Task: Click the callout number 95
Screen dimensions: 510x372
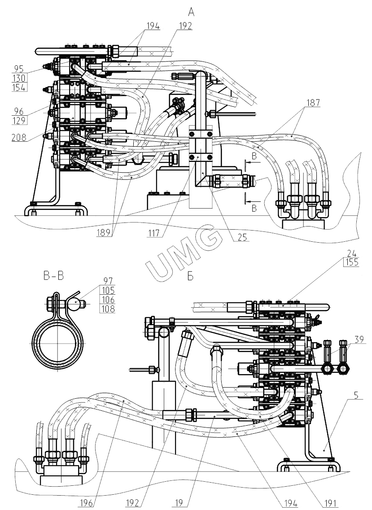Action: pyautogui.click(x=18, y=69)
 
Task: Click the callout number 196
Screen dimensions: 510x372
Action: pyautogui.click(x=88, y=503)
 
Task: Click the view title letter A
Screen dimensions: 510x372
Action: pyautogui.click(x=191, y=13)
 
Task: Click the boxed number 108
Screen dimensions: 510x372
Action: pyautogui.click(x=108, y=309)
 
